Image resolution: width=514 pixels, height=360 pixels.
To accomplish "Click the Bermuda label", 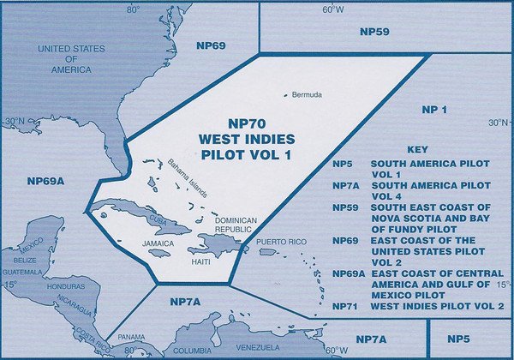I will pyautogui.click(x=306, y=94).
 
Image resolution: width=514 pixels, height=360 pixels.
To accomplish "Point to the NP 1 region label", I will pyautogui.click(x=436, y=110).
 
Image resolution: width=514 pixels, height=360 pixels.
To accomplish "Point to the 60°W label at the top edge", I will pyautogui.click(x=332, y=10).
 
